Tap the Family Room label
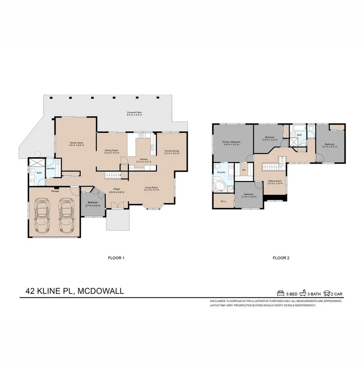76,144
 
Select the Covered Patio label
134,113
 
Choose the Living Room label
152,189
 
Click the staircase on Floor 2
271,167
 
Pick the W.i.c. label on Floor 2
223,201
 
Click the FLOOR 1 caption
116,258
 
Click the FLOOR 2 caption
281,258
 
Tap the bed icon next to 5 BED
280,293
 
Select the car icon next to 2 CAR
327,293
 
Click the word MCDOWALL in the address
101,291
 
